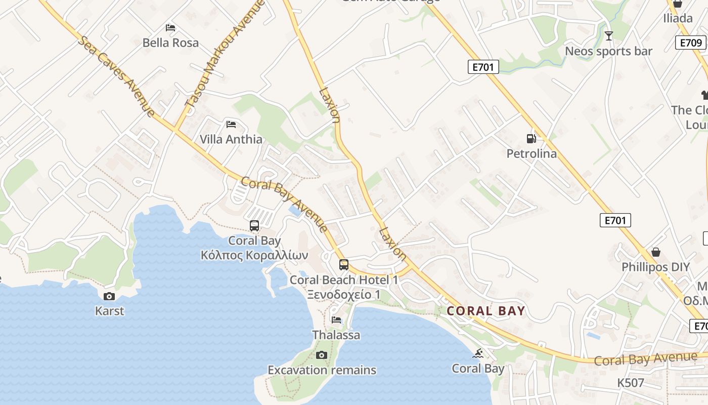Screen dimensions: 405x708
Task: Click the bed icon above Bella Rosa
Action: [170, 27]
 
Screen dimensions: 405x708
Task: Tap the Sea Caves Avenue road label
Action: [116, 76]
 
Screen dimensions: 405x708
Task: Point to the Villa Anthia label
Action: [231, 139]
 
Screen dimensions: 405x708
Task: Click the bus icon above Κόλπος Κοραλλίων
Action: [254, 226]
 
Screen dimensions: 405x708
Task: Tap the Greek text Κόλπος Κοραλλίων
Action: [254, 255]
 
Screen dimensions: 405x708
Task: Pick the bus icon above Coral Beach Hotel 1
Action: [344, 264]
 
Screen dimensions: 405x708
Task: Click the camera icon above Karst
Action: [109, 296]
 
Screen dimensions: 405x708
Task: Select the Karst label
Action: [109, 311]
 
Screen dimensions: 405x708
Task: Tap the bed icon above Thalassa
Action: [336, 319]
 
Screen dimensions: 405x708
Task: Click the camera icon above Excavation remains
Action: [322, 355]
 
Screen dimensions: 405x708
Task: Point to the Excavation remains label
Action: [322, 370]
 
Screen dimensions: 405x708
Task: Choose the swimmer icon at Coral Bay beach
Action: [478, 353]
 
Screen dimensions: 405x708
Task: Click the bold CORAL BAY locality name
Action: [486, 311]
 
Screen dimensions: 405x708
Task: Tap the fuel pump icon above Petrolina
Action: [531, 138]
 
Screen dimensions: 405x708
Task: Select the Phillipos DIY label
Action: [655, 267]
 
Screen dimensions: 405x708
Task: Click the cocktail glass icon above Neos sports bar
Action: [609, 35]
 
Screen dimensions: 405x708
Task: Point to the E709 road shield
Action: [691, 43]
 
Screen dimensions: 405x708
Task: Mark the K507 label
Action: [631, 383]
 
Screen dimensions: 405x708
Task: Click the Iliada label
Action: [678, 18]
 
